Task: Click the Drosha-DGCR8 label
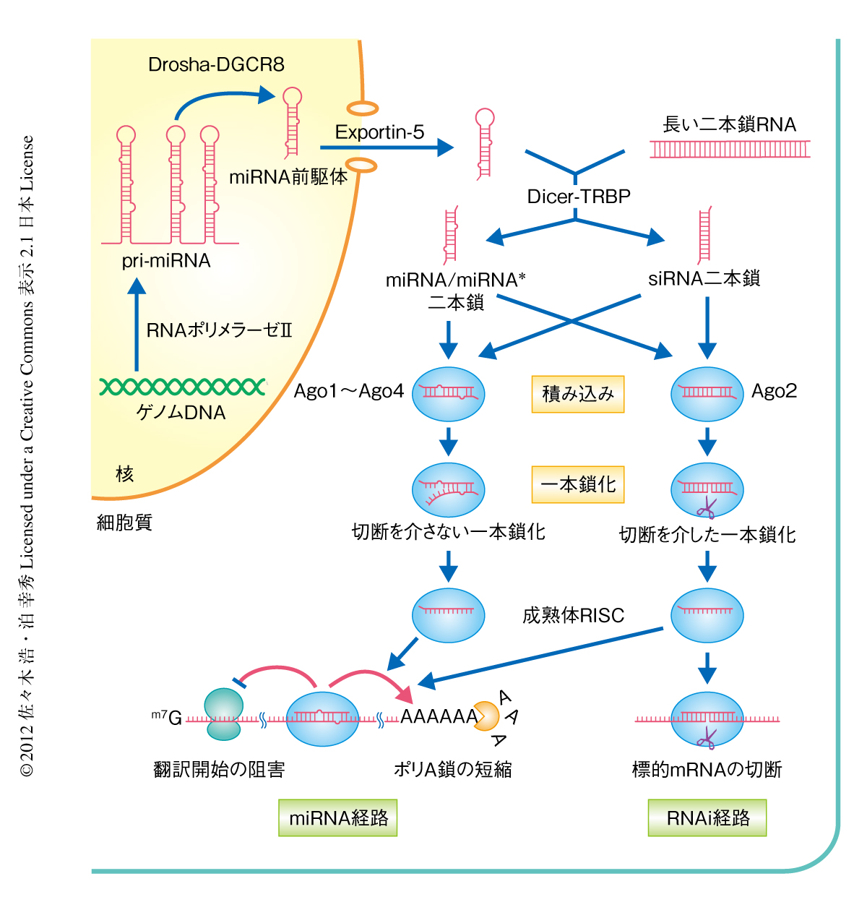click(x=216, y=65)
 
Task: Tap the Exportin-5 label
click(x=379, y=132)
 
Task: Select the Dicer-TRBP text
click(x=579, y=197)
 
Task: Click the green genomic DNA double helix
click(x=183, y=387)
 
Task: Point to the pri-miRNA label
click(x=166, y=261)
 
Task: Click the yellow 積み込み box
click(x=577, y=394)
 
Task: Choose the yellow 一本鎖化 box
click(x=577, y=484)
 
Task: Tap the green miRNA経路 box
click(x=338, y=817)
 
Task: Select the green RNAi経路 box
click(x=707, y=817)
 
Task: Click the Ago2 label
click(x=774, y=391)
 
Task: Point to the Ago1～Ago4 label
click(x=348, y=391)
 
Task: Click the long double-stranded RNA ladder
click(x=730, y=149)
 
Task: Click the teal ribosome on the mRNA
click(x=224, y=714)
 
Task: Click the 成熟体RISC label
click(x=573, y=615)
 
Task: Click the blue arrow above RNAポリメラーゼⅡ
click(x=137, y=325)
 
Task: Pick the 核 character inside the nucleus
click(x=124, y=474)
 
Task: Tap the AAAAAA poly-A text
click(x=438, y=716)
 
